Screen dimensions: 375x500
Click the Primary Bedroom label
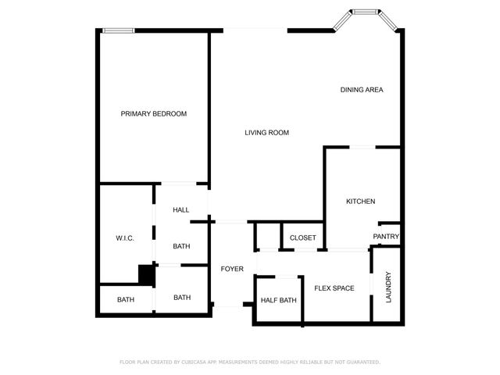point(154,114)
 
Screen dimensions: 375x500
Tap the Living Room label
point(267,133)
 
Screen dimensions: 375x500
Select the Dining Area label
point(362,90)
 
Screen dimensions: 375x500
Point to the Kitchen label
point(361,202)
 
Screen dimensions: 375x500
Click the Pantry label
point(386,237)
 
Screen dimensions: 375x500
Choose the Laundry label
point(388,287)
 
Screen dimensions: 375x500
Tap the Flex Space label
point(334,288)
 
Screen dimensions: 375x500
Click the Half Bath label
point(279,301)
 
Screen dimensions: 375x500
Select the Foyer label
point(232,269)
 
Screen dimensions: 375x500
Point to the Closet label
point(303,237)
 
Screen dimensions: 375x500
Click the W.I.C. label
point(126,238)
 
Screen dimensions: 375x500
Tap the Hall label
point(181,210)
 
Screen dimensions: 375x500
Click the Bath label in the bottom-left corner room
point(126,300)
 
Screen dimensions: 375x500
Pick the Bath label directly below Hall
point(182,247)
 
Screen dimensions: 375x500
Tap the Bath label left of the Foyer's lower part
point(182,298)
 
